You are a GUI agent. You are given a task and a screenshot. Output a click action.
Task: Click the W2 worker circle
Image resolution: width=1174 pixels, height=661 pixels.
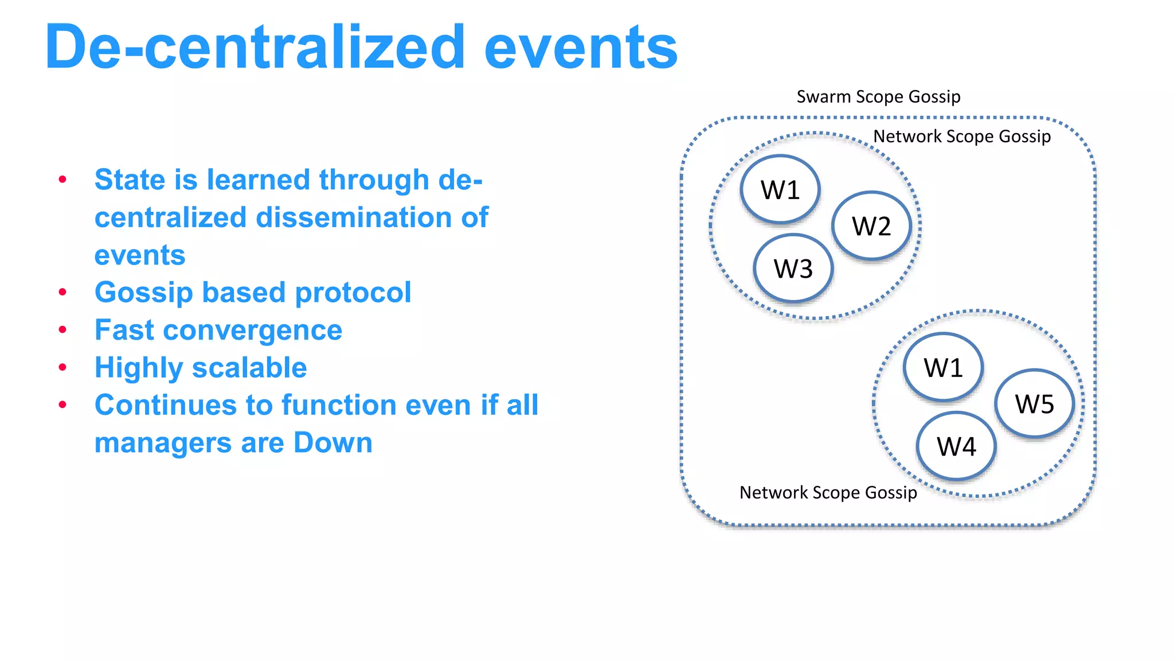(x=871, y=225)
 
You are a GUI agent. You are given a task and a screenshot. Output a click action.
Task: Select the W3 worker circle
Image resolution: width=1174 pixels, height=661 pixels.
(x=793, y=269)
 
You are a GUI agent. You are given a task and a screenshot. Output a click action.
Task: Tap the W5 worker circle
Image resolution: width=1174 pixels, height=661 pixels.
(x=1034, y=404)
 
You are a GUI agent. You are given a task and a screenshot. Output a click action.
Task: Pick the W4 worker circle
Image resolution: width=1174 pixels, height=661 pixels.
(x=956, y=446)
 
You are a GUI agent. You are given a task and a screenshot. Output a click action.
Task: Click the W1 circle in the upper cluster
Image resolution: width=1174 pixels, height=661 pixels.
(x=780, y=189)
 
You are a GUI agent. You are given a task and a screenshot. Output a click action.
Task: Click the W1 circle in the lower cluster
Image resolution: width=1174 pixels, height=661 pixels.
(x=944, y=367)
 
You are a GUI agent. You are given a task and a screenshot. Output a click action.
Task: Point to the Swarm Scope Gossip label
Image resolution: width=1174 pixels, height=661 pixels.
(x=878, y=96)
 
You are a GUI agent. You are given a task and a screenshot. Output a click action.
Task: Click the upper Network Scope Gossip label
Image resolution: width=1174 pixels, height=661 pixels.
(x=962, y=137)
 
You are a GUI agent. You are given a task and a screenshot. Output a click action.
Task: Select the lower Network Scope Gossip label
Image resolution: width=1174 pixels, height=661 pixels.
(x=828, y=492)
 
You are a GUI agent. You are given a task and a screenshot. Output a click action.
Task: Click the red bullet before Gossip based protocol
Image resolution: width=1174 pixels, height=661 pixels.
(x=62, y=292)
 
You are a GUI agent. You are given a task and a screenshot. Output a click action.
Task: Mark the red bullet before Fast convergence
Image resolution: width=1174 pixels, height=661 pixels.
(x=62, y=330)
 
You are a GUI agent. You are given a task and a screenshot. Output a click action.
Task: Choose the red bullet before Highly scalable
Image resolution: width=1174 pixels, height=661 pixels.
(x=62, y=367)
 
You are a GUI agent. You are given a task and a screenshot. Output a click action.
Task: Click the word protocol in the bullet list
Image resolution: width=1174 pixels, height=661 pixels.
(x=353, y=293)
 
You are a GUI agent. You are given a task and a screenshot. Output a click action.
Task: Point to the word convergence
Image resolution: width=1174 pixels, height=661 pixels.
(x=252, y=330)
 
